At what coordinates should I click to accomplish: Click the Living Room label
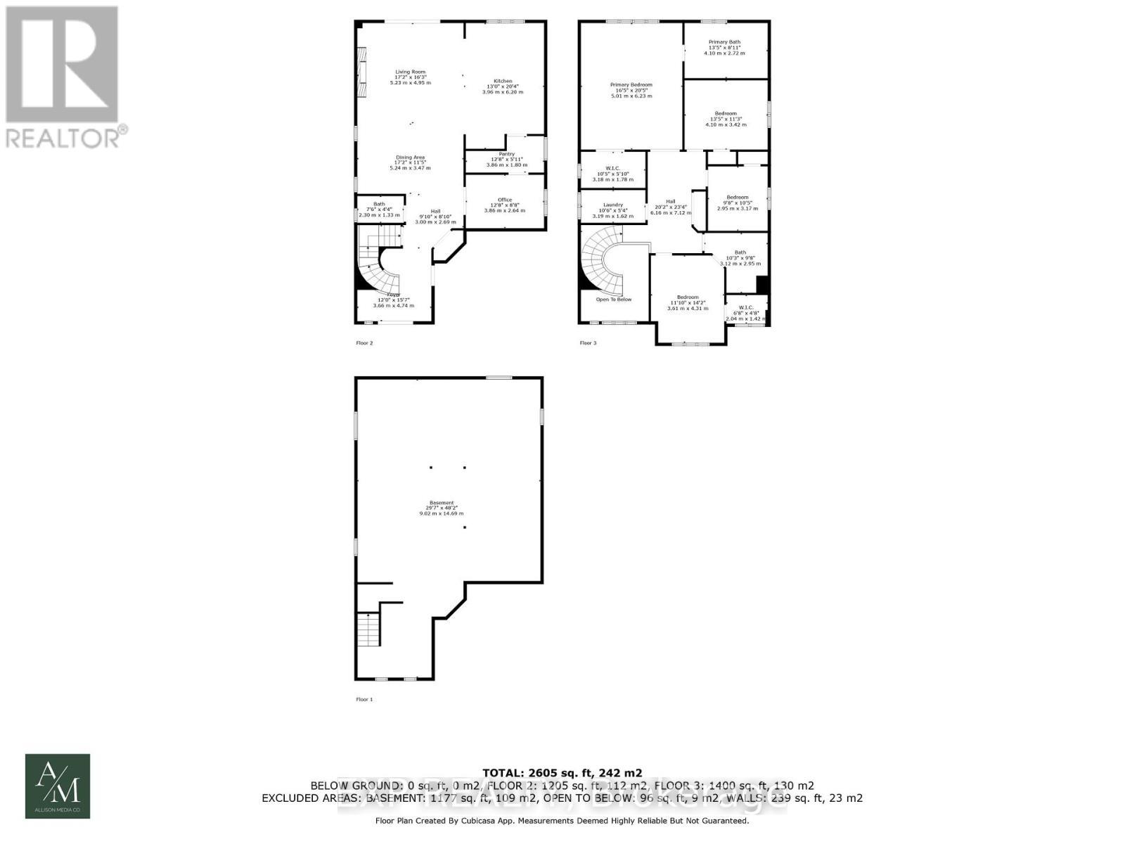coord(410,72)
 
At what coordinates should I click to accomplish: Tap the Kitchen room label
coord(503,81)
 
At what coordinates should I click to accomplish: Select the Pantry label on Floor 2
coord(506,154)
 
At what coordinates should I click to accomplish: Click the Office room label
coord(504,200)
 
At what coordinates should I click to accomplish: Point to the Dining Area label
coord(410,158)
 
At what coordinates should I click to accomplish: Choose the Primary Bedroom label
coord(631,85)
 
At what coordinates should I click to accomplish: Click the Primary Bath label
coord(724,42)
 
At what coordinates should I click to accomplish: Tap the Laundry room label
coord(612,205)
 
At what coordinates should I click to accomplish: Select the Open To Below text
coord(614,300)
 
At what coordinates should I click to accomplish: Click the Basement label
coord(442,503)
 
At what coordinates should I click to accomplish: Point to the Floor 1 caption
coord(365,699)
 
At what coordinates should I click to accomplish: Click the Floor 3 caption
coord(588,343)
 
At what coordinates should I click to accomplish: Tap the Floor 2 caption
coord(364,343)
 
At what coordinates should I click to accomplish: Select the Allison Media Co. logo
coord(58,786)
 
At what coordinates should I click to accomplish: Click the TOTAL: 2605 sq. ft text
coord(562,772)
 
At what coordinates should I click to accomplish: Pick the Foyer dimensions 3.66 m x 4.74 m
coord(393,306)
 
